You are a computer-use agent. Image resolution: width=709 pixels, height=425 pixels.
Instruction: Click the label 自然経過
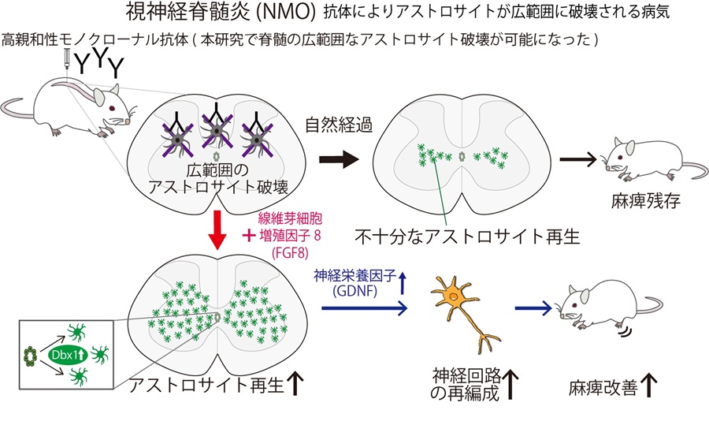[332, 124]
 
